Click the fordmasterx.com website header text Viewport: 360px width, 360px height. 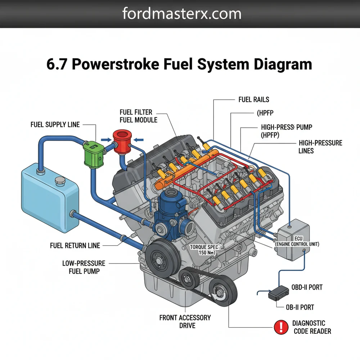click(182, 14)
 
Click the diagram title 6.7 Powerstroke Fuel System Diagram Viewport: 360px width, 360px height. click(179, 64)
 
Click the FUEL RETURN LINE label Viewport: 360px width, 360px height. click(75, 246)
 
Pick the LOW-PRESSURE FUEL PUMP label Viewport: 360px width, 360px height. click(84, 267)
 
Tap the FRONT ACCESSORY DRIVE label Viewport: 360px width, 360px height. click(185, 321)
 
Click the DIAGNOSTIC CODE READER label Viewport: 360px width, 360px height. click(312, 327)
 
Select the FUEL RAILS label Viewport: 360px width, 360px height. click(254, 99)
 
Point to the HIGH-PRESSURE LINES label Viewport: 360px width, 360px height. click(320, 147)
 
